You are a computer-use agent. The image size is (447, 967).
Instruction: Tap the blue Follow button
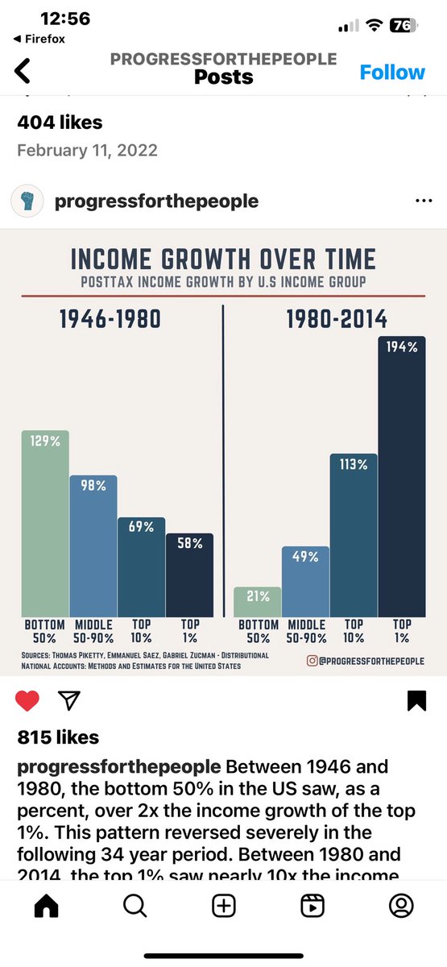391,73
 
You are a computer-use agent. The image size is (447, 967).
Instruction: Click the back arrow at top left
23,71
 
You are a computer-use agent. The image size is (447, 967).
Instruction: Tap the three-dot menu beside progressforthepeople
423,201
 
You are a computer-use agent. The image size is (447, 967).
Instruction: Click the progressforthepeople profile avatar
27,201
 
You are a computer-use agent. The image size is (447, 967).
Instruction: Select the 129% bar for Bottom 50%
45,524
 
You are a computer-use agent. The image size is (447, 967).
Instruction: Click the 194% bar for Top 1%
401,475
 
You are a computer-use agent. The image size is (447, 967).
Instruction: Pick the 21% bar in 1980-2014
258,601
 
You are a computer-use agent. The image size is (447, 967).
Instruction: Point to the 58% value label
190,544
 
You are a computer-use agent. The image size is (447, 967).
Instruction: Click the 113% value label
353,465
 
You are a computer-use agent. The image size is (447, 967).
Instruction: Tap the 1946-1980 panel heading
110,319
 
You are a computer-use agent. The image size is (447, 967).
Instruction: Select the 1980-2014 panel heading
337,319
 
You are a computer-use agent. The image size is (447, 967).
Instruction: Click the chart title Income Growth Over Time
223,259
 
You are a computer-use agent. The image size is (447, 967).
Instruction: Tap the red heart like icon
27,701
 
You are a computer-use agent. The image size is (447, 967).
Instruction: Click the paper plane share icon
70,701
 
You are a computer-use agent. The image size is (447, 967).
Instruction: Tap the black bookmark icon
416,701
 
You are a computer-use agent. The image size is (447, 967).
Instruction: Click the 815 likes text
58,737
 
